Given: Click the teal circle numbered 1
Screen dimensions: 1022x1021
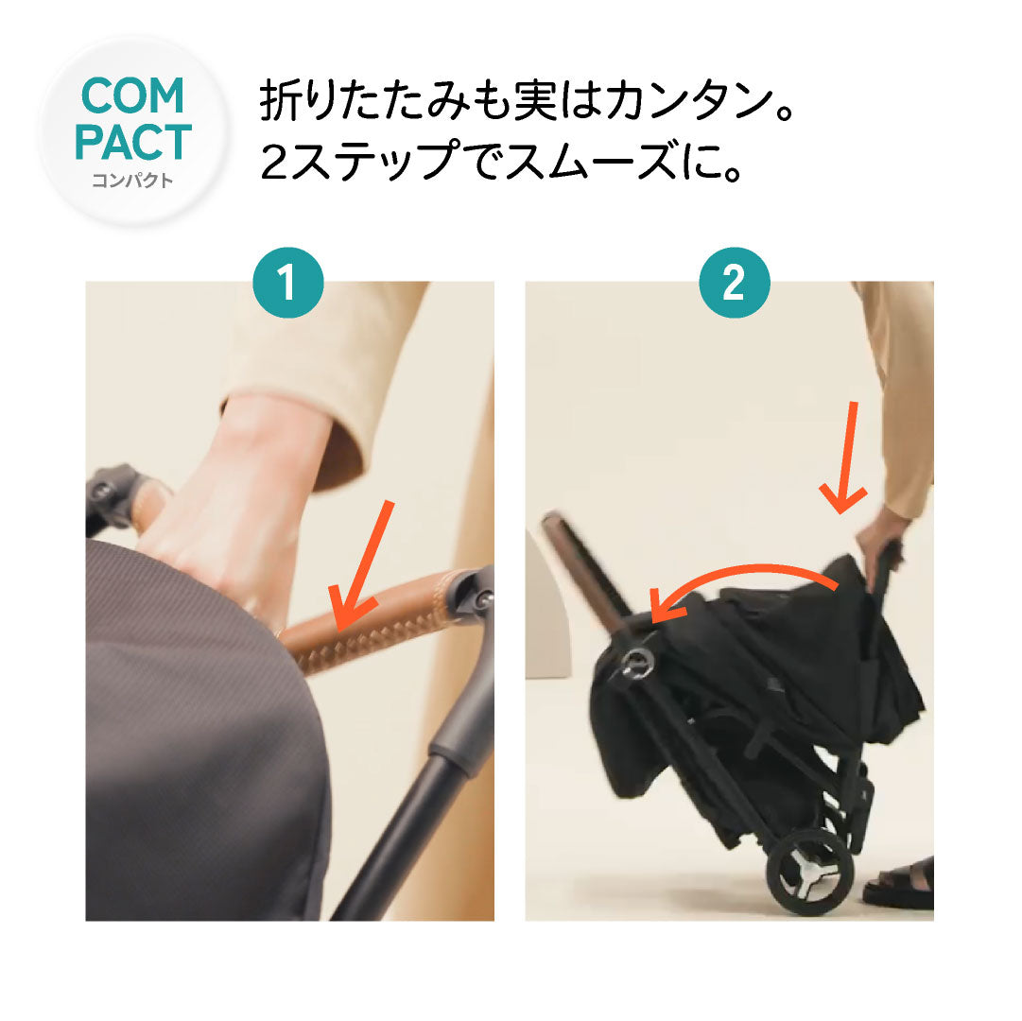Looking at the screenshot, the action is pyautogui.click(x=288, y=282).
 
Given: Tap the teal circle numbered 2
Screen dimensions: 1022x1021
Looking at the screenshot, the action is pyautogui.click(x=734, y=282).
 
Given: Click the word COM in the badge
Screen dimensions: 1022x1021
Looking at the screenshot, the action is pyautogui.click(x=133, y=95).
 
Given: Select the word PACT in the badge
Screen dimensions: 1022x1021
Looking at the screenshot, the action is pyautogui.click(x=133, y=142).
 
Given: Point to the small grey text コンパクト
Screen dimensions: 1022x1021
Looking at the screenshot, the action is pyautogui.click(x=133, y=180).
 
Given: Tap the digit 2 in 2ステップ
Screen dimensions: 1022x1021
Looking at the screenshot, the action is pyautogui.click(x=274, y=161).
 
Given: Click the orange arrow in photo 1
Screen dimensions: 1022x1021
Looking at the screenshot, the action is pyautogui.click(x=360, y=566).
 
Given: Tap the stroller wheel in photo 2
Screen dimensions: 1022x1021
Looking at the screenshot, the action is pyautogui.click(x=810, y=871).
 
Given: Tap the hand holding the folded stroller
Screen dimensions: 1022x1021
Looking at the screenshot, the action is pyautogui.click(x=881, y=536).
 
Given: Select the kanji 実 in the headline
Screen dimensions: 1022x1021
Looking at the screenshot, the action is pyautogui.click(x=535, y=101).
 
